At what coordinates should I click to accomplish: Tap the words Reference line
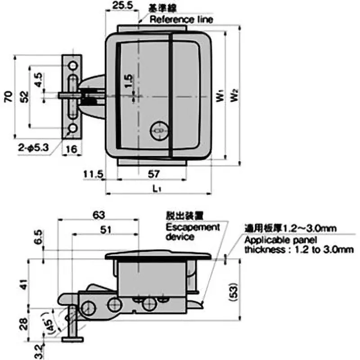point(181,19)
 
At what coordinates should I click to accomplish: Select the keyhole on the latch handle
point(157,130)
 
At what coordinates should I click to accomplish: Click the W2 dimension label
point(233,96)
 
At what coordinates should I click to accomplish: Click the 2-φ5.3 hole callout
point(34,146)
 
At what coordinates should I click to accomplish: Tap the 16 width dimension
point(72,149)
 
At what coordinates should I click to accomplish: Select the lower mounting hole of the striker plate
point(72,130)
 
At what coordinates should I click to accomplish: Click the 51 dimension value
point(105,229)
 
